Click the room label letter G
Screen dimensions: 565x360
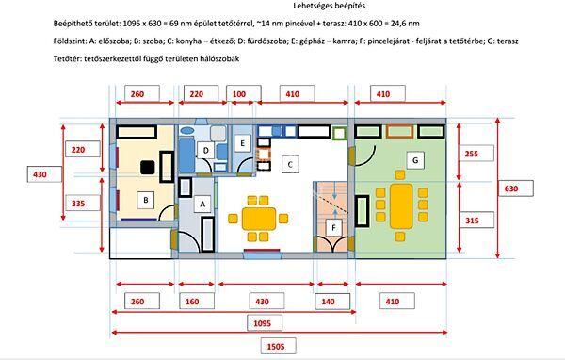click(415, 160)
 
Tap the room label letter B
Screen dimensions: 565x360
click(146, 200)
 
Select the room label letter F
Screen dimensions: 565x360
click(333, 228)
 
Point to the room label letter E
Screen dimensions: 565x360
click(243, 143)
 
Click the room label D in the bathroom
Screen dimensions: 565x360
click(205, 151)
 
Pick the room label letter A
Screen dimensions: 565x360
click(202, 205)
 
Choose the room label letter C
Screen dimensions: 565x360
click(290, 165)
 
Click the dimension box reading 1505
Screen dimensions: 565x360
click(278, 346)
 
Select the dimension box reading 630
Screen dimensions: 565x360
click(516, 188)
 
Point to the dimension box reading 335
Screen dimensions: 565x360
click(83, 203)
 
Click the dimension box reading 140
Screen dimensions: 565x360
click(332, 302)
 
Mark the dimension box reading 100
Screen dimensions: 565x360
click(244, 94)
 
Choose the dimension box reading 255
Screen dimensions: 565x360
click(476, 154)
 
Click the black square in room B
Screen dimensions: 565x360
click(148, 168)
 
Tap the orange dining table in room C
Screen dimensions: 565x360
click(259, 219)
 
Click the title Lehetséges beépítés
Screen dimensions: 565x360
click(329, 6)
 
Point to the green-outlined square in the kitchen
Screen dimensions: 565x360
click(339, 134)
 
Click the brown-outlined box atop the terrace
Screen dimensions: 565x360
click(399, 132)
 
